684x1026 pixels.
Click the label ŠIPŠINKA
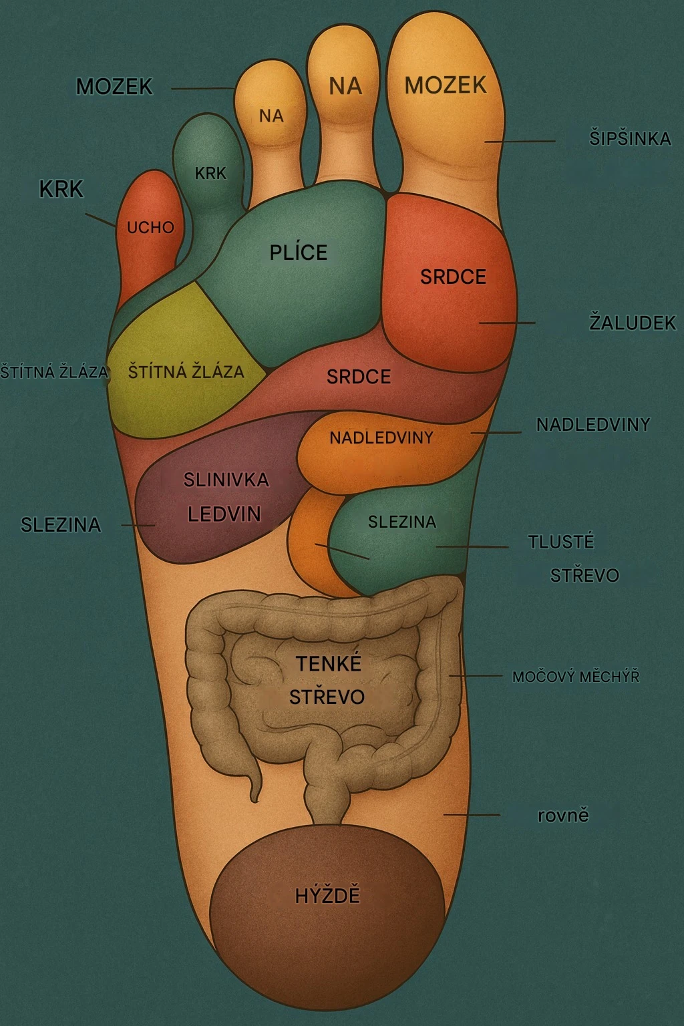tap(629, 139)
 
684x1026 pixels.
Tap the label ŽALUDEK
tap(632, 323)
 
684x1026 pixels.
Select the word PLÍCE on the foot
tap(299, 252)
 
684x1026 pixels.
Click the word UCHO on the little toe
tap(150, 228)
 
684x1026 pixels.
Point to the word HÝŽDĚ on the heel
tap(327, 895)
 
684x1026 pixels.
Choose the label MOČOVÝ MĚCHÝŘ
tap(575, 677)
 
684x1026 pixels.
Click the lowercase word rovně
tap(563, 816)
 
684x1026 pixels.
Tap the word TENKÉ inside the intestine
tap(328, 664)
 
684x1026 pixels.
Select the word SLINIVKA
tap(226, 480)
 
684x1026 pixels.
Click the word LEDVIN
tap(224, 514)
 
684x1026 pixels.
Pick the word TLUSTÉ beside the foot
tap(561, 542)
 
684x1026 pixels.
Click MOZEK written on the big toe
tap(446, 85)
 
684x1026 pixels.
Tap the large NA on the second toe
tap(345, 86)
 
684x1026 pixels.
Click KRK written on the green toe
tap(210, 174)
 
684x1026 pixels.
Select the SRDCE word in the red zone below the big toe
tap(453, 277)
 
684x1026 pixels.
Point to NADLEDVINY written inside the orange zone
tap(381, 438)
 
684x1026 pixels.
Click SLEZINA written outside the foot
tap(61, 525)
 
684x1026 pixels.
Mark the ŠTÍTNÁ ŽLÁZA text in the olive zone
tap(186, 371)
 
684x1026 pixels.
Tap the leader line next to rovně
tap(472, 815)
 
